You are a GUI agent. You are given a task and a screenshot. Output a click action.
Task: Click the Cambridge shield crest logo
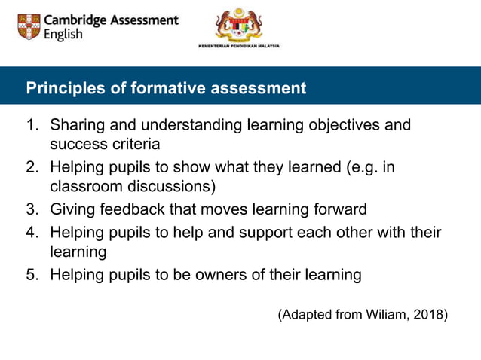click(x=29, y=27)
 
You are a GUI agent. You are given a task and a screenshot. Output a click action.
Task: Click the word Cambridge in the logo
click(x=76, y=20)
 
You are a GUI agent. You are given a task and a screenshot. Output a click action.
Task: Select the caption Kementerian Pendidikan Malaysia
click(x=238, y=46)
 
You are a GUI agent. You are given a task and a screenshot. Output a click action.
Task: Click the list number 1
click(x=32, y=125)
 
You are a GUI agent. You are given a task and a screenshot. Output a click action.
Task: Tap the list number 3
click(x=32, y=209)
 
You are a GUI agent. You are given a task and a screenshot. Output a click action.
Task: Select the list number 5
click(x=32, y=275)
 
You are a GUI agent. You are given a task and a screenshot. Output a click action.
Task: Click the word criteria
click(x=137, y=143)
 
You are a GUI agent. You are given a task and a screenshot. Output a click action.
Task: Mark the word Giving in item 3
click(x=72, y=209)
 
